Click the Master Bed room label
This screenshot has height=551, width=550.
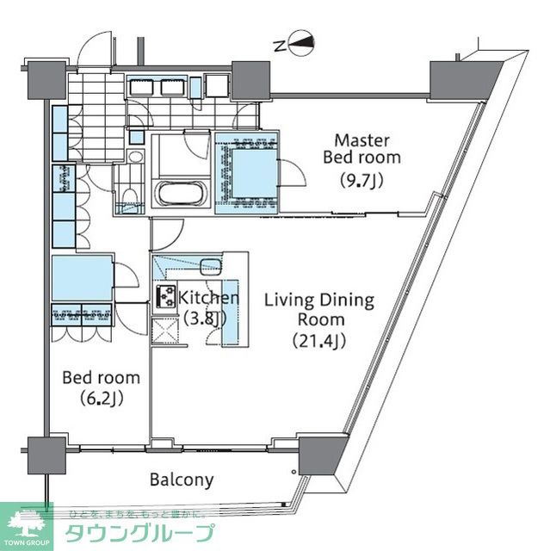362,148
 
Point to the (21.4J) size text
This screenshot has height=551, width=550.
318,341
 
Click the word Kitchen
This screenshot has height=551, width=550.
208,298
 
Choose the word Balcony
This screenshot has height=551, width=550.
182,480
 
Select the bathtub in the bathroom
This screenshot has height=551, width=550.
179,193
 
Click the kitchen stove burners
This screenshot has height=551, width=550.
165,296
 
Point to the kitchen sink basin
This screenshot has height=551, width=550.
209,264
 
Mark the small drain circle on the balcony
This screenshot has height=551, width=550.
294,473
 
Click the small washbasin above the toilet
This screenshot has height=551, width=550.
135,157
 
